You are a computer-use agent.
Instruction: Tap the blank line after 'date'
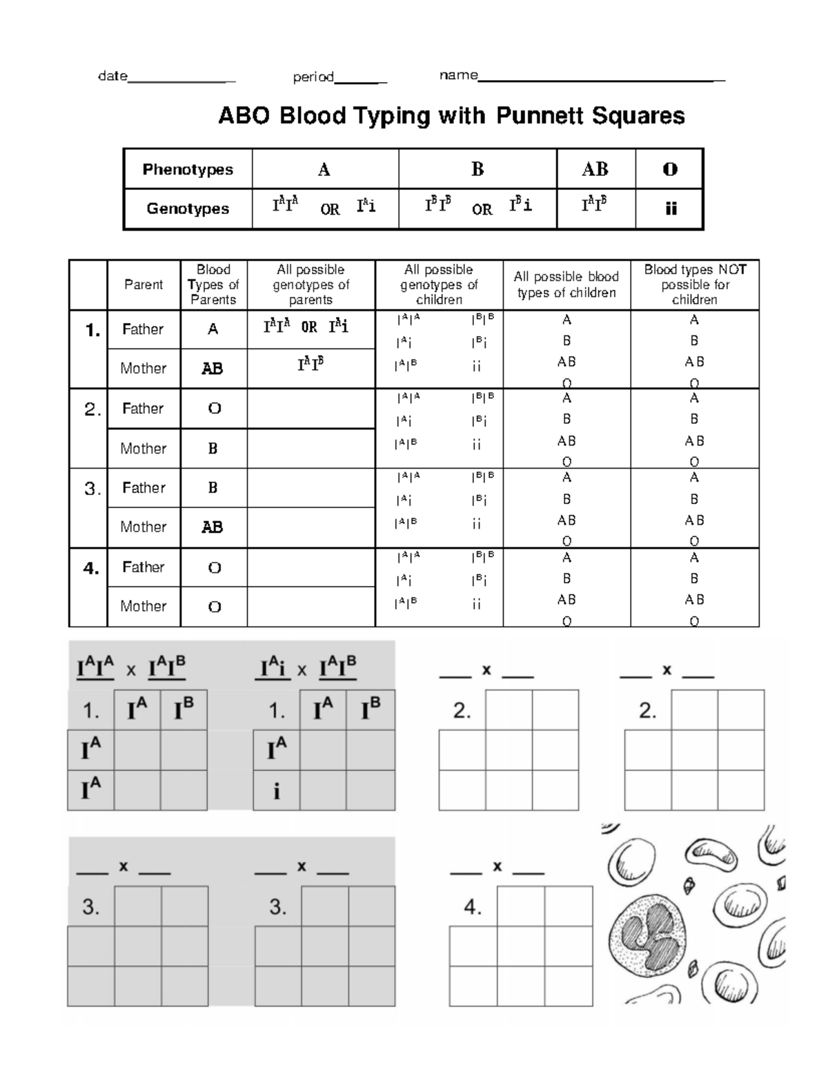tap(181, 81)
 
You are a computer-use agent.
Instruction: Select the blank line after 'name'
tap(601, 79)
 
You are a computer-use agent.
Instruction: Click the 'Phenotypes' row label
tap(188, 170)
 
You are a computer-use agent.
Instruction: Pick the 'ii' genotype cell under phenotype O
tap(670, 209)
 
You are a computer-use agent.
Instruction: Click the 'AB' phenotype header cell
tap(595, 170)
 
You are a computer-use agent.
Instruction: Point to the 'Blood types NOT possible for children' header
tap(694, 284)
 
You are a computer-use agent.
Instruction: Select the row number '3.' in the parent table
tap(92, 489)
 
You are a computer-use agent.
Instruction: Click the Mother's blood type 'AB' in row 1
tap(213, 369)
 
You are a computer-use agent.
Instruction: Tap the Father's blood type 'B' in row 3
tap(213, 488)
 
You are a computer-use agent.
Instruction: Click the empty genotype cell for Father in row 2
tap(310, 409)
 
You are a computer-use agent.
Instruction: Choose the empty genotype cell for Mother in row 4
tap(310, 607)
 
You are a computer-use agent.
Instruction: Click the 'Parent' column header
tap(144, 284)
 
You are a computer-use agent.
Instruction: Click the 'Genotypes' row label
tap(188, 208)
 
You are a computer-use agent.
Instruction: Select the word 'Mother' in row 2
tap(144, 449)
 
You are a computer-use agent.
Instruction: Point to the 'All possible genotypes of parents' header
tap(310, 284)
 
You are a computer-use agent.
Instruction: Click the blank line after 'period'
tap(360, 81)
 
